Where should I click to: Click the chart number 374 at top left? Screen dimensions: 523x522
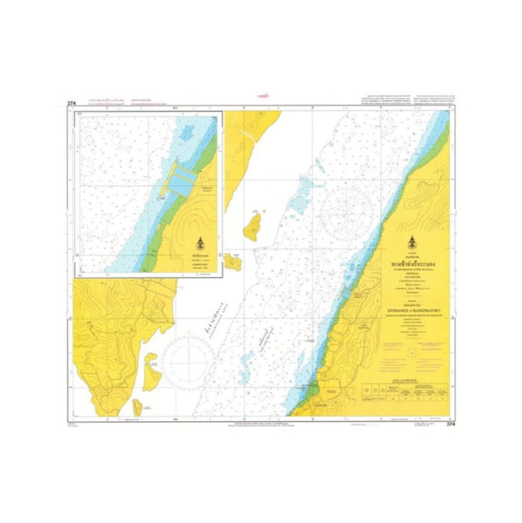(x=71, y=104)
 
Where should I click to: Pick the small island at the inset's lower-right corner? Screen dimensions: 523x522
(x=234, y=260)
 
